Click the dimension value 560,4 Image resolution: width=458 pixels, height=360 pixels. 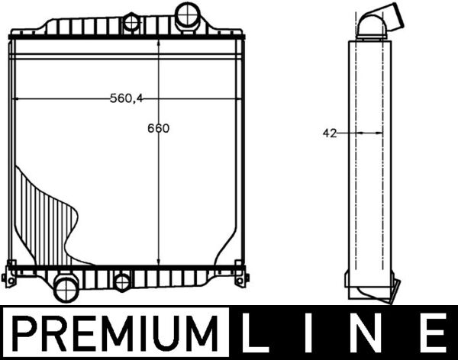(x=127, y=98)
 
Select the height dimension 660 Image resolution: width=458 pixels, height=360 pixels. (x=158, y=128)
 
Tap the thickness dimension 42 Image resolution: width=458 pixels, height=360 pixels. (x=330, y=133)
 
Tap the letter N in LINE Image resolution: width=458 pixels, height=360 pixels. (x=371, y=333)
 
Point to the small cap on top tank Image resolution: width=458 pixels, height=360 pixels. (x=132, y=22)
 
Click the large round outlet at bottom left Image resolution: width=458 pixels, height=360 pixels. (x=66, y=288)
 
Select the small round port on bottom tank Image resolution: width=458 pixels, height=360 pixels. (x=122, y=283)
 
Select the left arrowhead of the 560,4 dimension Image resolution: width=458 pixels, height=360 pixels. (x=17, y=98)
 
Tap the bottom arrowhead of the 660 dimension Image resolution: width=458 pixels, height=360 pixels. (x=158, y=260)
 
